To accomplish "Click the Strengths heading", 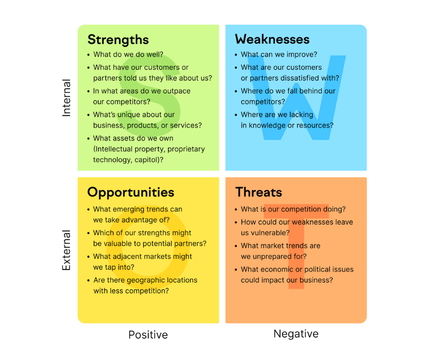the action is pyautogui.click(x=118, y=40).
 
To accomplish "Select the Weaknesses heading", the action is pyautogui.click(x=272, y=39).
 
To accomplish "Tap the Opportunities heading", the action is pyautogui.click(x=131, y=192).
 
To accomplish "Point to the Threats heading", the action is pyautogui.click(x=258, y=192).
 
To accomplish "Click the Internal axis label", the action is pyautogui.click(x=67, y=98).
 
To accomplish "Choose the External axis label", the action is pyautogui.click(x=67, y=250).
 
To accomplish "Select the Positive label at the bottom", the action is pyautogui.click(x=148, y=335).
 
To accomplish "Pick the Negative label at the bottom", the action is pyautogui.click(x=296, y=334).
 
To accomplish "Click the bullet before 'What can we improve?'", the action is pyautogui.click(x=235, y=55).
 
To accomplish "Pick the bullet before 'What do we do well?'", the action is pyautogui.click(x=88, y=55).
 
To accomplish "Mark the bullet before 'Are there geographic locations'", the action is pyautogui.click(x=88, y=280).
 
